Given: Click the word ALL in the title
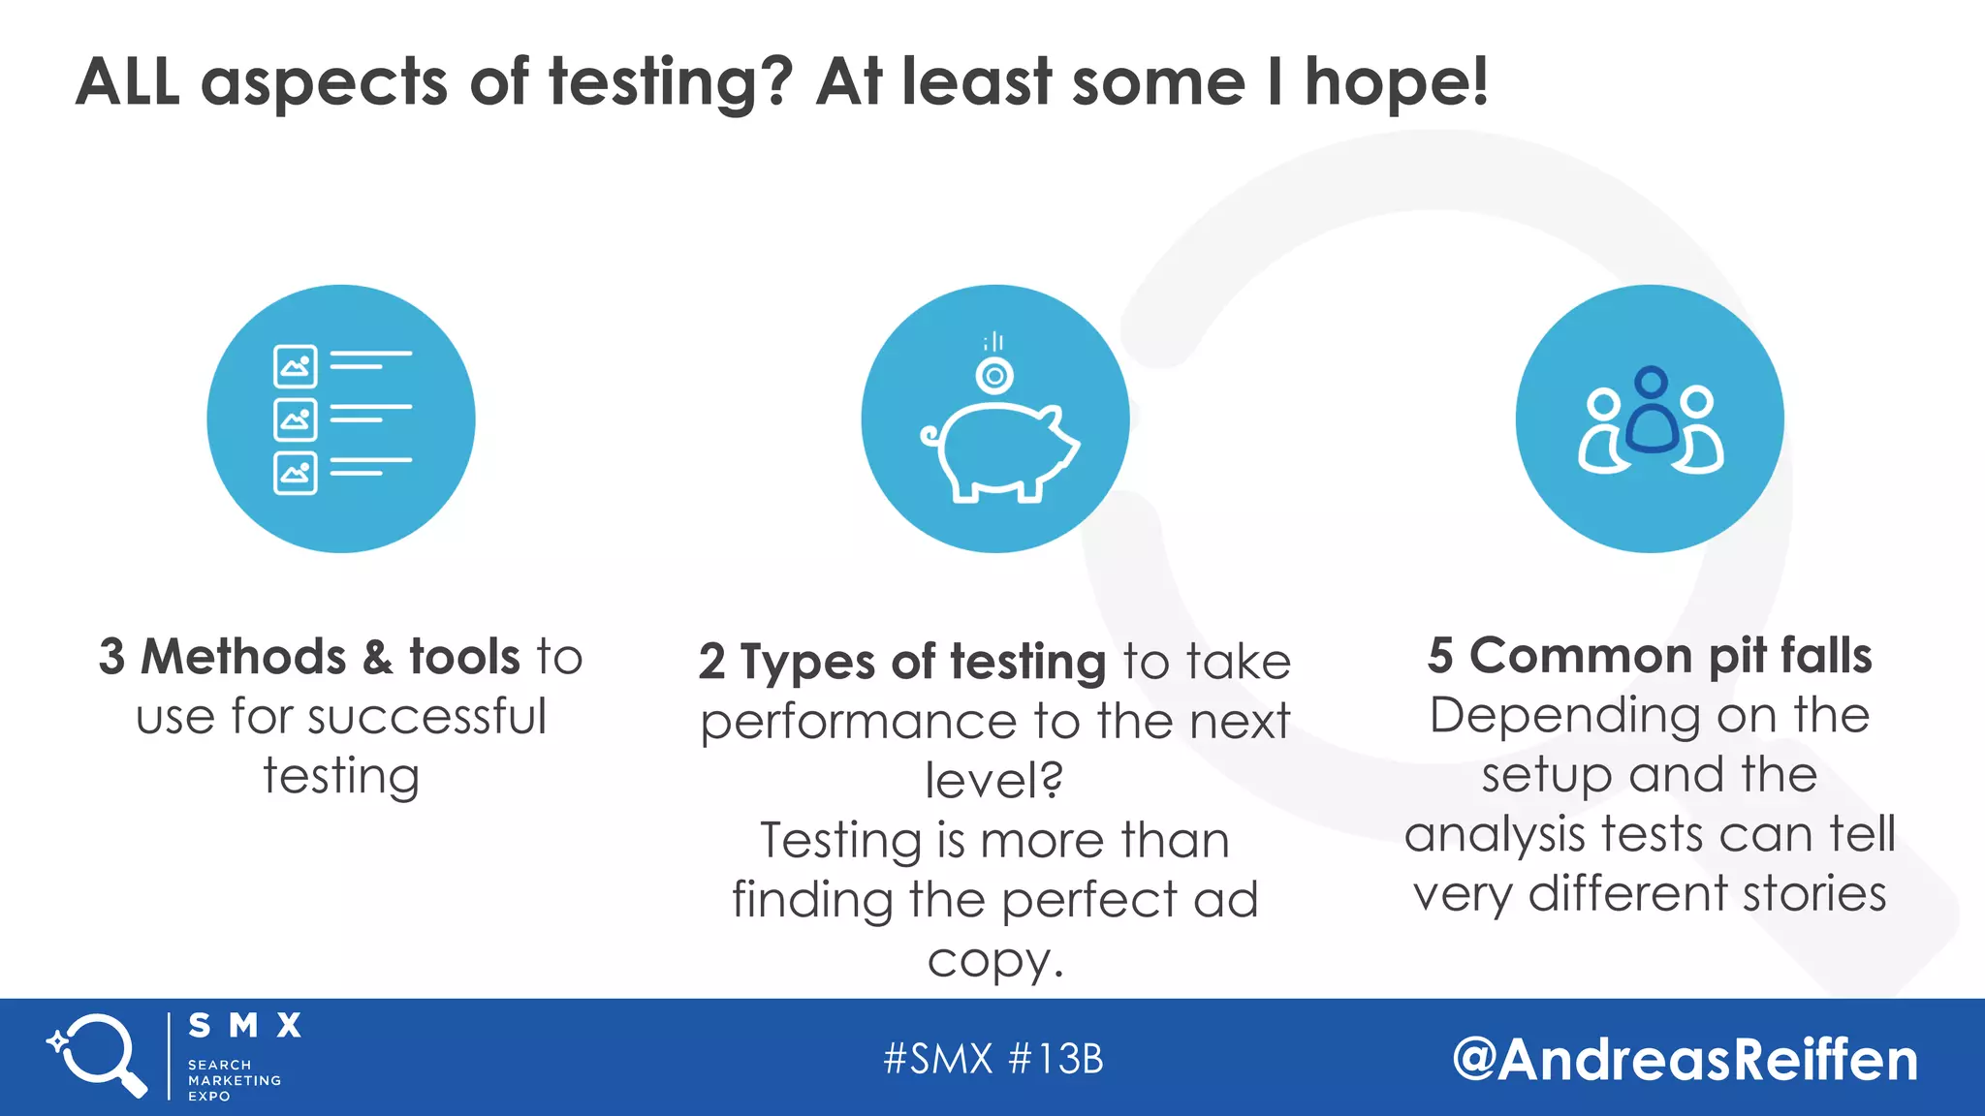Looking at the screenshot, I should [x=127, y=81].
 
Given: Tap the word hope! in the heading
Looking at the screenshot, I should [x=1396, y=83].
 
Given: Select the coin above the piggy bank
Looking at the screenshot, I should [x=994, y=375].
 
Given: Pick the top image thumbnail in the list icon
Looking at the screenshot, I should [x=295, y=365].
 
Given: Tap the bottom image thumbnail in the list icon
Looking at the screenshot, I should [x=295, y=473].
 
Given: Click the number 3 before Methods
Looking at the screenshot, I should [x=111, y=657].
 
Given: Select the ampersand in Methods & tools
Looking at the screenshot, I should [x=378, y=657].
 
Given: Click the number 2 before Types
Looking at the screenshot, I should [x=711, y=662].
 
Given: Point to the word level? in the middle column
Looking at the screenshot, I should [x=994, y=780].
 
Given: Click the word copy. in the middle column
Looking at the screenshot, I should [x=994, y=960].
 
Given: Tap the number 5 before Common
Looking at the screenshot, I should [x=1440, y=656].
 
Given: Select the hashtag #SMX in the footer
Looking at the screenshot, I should [x=938, y=1059].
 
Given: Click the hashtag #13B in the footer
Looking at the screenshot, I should [x=1056, y=1059].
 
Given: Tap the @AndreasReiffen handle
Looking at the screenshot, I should [x=1686, y=1059].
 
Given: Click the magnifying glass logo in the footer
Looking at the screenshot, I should [x=98, y=1055].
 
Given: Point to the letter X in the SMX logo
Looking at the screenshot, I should [x=289, y=1025].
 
